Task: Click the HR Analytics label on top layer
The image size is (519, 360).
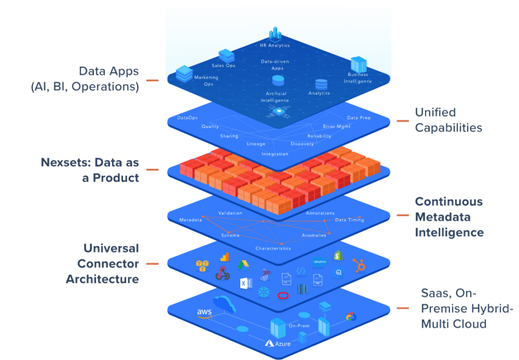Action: (275, 45)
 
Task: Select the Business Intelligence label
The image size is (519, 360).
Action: (358, 78)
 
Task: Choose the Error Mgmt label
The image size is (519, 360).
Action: (336, 126)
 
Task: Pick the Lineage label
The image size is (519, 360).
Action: (255, 144)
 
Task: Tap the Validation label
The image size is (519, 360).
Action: (230, 214)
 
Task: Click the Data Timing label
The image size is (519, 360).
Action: (349, 220)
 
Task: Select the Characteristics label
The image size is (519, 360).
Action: (273, 248)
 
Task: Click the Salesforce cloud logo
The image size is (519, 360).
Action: (320, 262)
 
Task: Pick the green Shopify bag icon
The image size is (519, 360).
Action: (336, 255)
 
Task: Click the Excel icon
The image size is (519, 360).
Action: (246, 284)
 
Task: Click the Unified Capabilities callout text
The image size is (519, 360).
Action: (448, 120)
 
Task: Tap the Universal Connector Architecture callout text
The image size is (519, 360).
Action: (102, 263)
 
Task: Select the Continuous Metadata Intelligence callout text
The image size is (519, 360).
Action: (448, 217)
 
